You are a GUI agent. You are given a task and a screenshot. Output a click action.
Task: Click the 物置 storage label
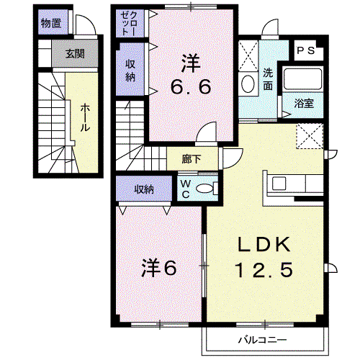point(51,23)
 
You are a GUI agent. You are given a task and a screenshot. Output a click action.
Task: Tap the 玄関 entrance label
point(75,54)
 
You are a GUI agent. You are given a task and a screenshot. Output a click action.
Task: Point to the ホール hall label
point(85,117)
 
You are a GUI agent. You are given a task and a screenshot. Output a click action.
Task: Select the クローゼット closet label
point(130,24)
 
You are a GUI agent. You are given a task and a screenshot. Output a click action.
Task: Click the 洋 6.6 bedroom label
point(191,74)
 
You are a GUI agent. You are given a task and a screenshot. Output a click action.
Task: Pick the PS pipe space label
point(305,50)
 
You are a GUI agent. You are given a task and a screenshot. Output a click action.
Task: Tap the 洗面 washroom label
point(268,79)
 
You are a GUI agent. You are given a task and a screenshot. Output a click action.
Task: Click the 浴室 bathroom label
point(304,103)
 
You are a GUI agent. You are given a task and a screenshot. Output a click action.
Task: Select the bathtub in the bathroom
point(302,79)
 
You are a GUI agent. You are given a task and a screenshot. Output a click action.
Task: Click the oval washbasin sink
point(248,84)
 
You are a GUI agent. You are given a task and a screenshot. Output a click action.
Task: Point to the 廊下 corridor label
point(192,159)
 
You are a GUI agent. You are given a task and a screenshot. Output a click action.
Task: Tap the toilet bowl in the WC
point(204,188)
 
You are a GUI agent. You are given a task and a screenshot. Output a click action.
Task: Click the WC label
point(186,189)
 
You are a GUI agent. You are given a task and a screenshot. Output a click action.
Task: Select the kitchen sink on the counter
point(279,184)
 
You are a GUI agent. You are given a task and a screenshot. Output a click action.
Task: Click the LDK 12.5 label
point(264,257)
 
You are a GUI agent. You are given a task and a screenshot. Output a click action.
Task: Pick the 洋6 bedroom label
point(159,268)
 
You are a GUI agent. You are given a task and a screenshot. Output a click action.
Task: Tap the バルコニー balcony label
point(262,340)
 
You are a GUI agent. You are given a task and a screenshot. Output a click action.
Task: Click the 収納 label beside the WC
point(144,189)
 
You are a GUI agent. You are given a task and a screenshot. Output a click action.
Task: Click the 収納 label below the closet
point(130,71)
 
